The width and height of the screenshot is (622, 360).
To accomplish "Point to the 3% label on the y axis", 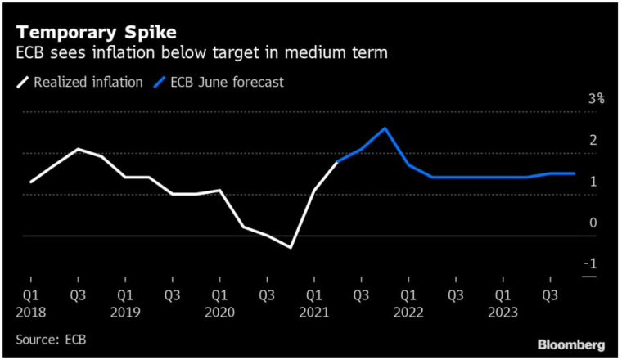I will point(597,99).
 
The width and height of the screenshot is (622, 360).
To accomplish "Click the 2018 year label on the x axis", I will point(29,312).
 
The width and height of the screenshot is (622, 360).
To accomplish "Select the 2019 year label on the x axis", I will point(124,312).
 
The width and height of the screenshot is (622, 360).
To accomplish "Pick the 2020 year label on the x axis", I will point(219,312).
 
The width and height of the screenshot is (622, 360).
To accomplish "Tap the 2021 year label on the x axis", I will point(314,312).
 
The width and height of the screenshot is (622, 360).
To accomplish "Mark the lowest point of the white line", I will point(291,247).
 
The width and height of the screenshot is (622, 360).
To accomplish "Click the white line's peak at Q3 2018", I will point(77,149).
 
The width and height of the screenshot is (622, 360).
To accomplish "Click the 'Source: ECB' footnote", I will point(51,339).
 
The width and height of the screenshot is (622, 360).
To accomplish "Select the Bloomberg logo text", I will point(571,343).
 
